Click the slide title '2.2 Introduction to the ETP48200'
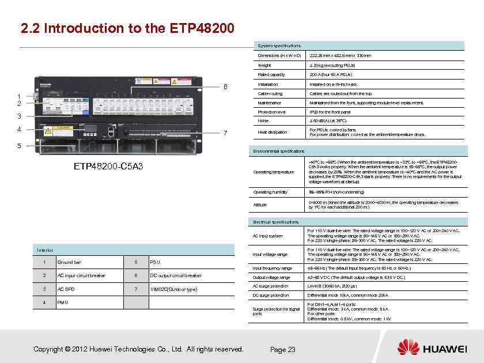(x=127, y=28)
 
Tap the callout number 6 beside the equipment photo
(x=226, y=88)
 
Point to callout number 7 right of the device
(x=225, y=133)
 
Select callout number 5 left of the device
(x=19, y=145)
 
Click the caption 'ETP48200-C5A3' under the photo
(x=108, y=167)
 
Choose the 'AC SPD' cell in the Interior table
(x=65, y=289)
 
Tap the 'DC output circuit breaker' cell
(x=176, y=275)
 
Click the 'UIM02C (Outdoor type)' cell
(x=173, y=289)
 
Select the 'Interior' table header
(x=45, y=250)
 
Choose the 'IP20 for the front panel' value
(x=330, y=112)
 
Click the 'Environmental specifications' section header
(x=279, y=151)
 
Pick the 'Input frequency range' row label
(x=273, y=268)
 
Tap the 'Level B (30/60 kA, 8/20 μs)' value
(x=335, y=286)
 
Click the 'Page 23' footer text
(x=282, y=350)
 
